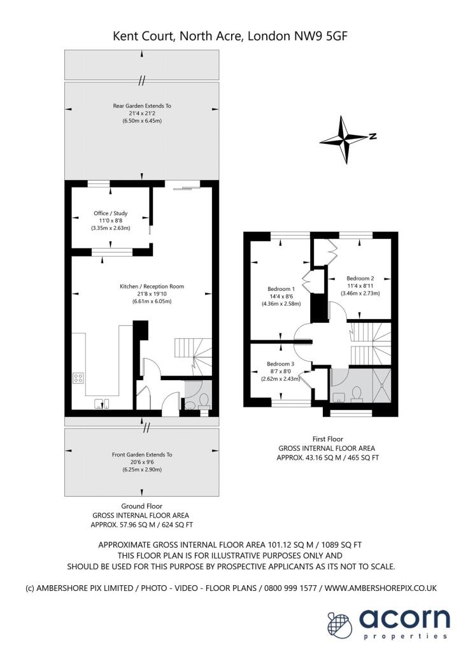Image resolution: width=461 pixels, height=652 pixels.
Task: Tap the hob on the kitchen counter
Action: [78, 378]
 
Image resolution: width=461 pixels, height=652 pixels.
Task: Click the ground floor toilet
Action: [204, 400]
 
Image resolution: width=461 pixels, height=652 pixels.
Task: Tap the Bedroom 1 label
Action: [281, 288]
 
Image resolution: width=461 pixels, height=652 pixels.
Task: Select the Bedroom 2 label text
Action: [360, 278]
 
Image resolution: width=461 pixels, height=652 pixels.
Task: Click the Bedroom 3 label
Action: [281, 363]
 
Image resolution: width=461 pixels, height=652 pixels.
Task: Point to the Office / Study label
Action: [111, 213]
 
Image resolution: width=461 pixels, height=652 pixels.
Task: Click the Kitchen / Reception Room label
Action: [152, 287]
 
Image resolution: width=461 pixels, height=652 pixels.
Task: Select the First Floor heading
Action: [329, 439]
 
